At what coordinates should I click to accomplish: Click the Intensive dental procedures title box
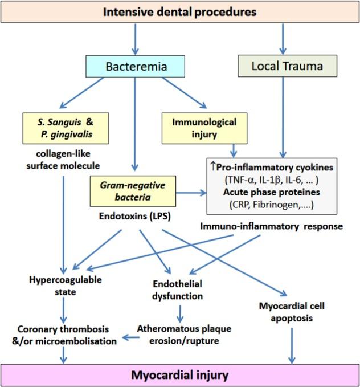pos(180,11)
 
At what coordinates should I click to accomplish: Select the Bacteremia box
pos(134,66)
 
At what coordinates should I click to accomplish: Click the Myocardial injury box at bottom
pos(180,375)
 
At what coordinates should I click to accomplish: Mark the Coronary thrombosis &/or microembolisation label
pos(61,335)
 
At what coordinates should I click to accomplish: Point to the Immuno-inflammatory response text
pos(271,226)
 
